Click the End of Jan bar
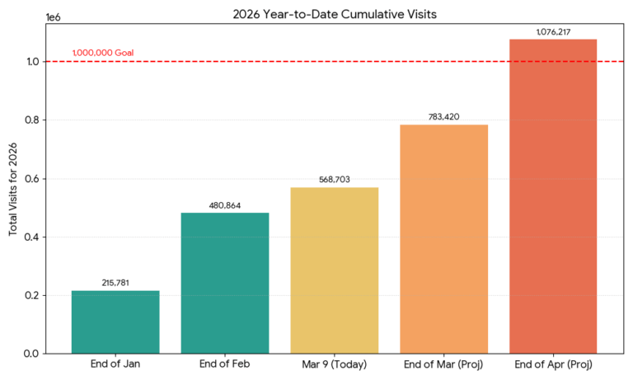[x=115, y=321]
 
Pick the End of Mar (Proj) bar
[x=443, y=239]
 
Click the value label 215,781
[x=115, y=283]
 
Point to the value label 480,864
[x=225, y=205]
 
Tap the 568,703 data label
[x=335, y=180]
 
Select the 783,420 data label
[x=443, y=117]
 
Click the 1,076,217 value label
[x=553, y=32]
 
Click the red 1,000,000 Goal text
[x=103, y=53]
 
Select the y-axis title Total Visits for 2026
[x=14, y=187]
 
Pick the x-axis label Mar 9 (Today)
[x=335, y=364]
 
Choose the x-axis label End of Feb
[x=225, y=364]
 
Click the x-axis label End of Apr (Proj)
[x=553, y=364]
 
